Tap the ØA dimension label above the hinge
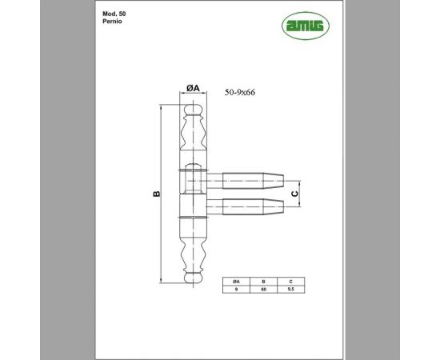(x=192, y=88)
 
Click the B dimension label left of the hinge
(x=157, y=194)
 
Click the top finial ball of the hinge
(x=191, y=109)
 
